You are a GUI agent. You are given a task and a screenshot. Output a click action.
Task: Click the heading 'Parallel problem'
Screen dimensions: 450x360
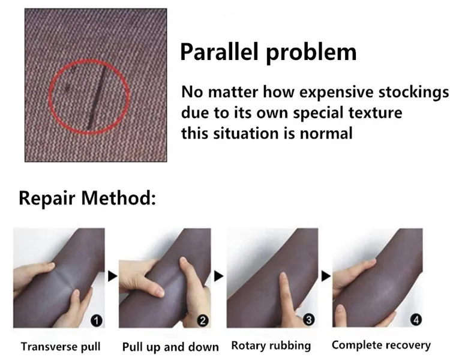(x=268, y=52)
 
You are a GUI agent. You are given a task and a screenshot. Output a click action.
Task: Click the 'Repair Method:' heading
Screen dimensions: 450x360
(x=87, y=198)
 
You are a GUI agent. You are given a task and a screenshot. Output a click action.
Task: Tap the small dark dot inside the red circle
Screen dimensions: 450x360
(x=68, y=88)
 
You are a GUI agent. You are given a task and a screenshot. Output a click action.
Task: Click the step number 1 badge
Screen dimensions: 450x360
(x=97, y=320)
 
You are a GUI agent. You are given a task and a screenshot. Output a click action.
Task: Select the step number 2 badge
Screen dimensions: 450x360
(x=203, y=320)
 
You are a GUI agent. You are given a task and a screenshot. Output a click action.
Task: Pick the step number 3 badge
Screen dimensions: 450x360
(x=309, y=320)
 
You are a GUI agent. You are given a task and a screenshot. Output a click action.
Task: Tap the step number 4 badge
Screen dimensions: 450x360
(x=416, y=320)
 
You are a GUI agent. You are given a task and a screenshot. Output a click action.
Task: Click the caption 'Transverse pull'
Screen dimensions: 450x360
(x=61, y=347)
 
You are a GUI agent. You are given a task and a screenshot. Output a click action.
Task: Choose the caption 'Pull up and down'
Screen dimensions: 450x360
(x=170, y=347)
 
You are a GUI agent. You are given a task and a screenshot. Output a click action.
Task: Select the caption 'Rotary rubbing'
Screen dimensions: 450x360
(x=271, y=346)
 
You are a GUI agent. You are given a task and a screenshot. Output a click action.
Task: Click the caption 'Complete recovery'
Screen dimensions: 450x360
(x=382, y=345)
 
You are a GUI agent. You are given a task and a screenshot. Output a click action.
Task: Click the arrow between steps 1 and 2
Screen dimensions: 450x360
(x=113, y=276)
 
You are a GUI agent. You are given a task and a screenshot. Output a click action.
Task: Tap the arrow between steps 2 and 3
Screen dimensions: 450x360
(x=219, y=276)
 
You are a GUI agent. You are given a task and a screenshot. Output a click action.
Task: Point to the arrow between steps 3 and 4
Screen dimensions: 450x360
(x=326, y=276)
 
